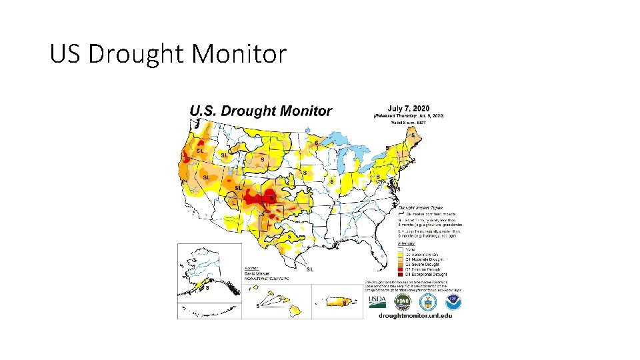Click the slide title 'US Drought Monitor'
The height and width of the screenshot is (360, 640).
coord(168,54)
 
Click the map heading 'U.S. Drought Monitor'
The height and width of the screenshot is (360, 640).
coord(261,111)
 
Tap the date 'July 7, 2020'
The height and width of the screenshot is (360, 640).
coord(408,108)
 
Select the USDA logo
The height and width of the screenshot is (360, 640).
coord(377,303)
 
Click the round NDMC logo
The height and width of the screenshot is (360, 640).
coord(403,302)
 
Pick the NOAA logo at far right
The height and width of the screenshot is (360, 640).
coord(454,303)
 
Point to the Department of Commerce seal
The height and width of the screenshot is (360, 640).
coord(429,303)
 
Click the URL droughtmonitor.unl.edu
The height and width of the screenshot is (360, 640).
coord(415,315)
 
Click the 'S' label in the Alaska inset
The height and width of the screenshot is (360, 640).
coord(207,289)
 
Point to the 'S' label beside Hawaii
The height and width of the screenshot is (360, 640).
coord(258,306)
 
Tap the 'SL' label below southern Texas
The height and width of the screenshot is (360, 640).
coord(310,269)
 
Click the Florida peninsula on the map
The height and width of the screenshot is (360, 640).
coord(378,250)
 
